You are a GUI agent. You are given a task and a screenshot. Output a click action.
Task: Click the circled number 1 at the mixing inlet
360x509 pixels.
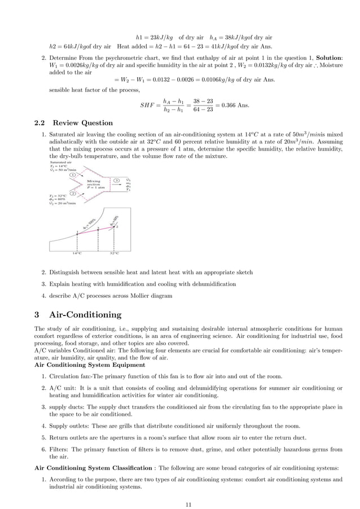[73, 175]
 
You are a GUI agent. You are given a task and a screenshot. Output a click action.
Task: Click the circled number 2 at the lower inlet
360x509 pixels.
[73, 192]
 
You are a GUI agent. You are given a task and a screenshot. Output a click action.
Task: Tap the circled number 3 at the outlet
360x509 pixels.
[116, 181]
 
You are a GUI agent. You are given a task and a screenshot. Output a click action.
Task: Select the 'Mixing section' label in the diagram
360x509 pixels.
[94, 184]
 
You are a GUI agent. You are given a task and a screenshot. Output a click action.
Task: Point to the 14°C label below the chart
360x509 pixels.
[77, 253]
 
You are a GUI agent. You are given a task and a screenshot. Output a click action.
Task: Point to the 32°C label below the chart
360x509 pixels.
[115, 253]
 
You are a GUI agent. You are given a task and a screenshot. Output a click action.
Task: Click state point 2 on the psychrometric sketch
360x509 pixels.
[115, 226]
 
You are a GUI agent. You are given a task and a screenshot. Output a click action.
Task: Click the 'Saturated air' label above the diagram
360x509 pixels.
[60, 162]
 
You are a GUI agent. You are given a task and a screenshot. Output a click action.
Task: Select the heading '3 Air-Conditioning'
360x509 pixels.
[78, 314]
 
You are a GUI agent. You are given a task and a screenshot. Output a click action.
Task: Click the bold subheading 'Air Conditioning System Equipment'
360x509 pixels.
[90, 365]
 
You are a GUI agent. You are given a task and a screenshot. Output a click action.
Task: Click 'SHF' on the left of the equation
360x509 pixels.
[148, 106]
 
